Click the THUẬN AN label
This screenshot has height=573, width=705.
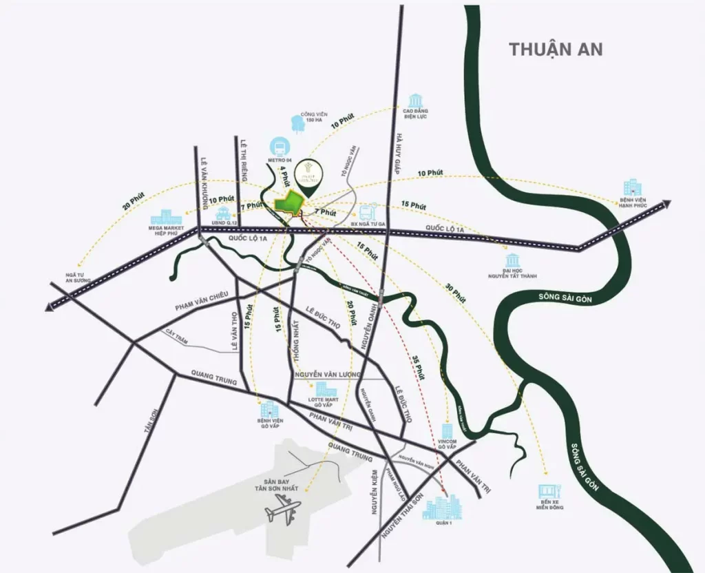[556, 49]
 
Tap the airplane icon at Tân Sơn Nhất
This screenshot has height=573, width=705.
[283, 511]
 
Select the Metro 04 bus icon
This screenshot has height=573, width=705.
[281, 147]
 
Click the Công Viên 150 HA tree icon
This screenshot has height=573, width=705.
[298, 123]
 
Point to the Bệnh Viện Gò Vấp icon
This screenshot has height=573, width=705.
[266, 408]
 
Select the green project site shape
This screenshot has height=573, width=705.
[290, 205]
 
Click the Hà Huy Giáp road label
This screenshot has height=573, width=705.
[398, 154]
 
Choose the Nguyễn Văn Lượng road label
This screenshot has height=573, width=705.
[327, 374]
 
